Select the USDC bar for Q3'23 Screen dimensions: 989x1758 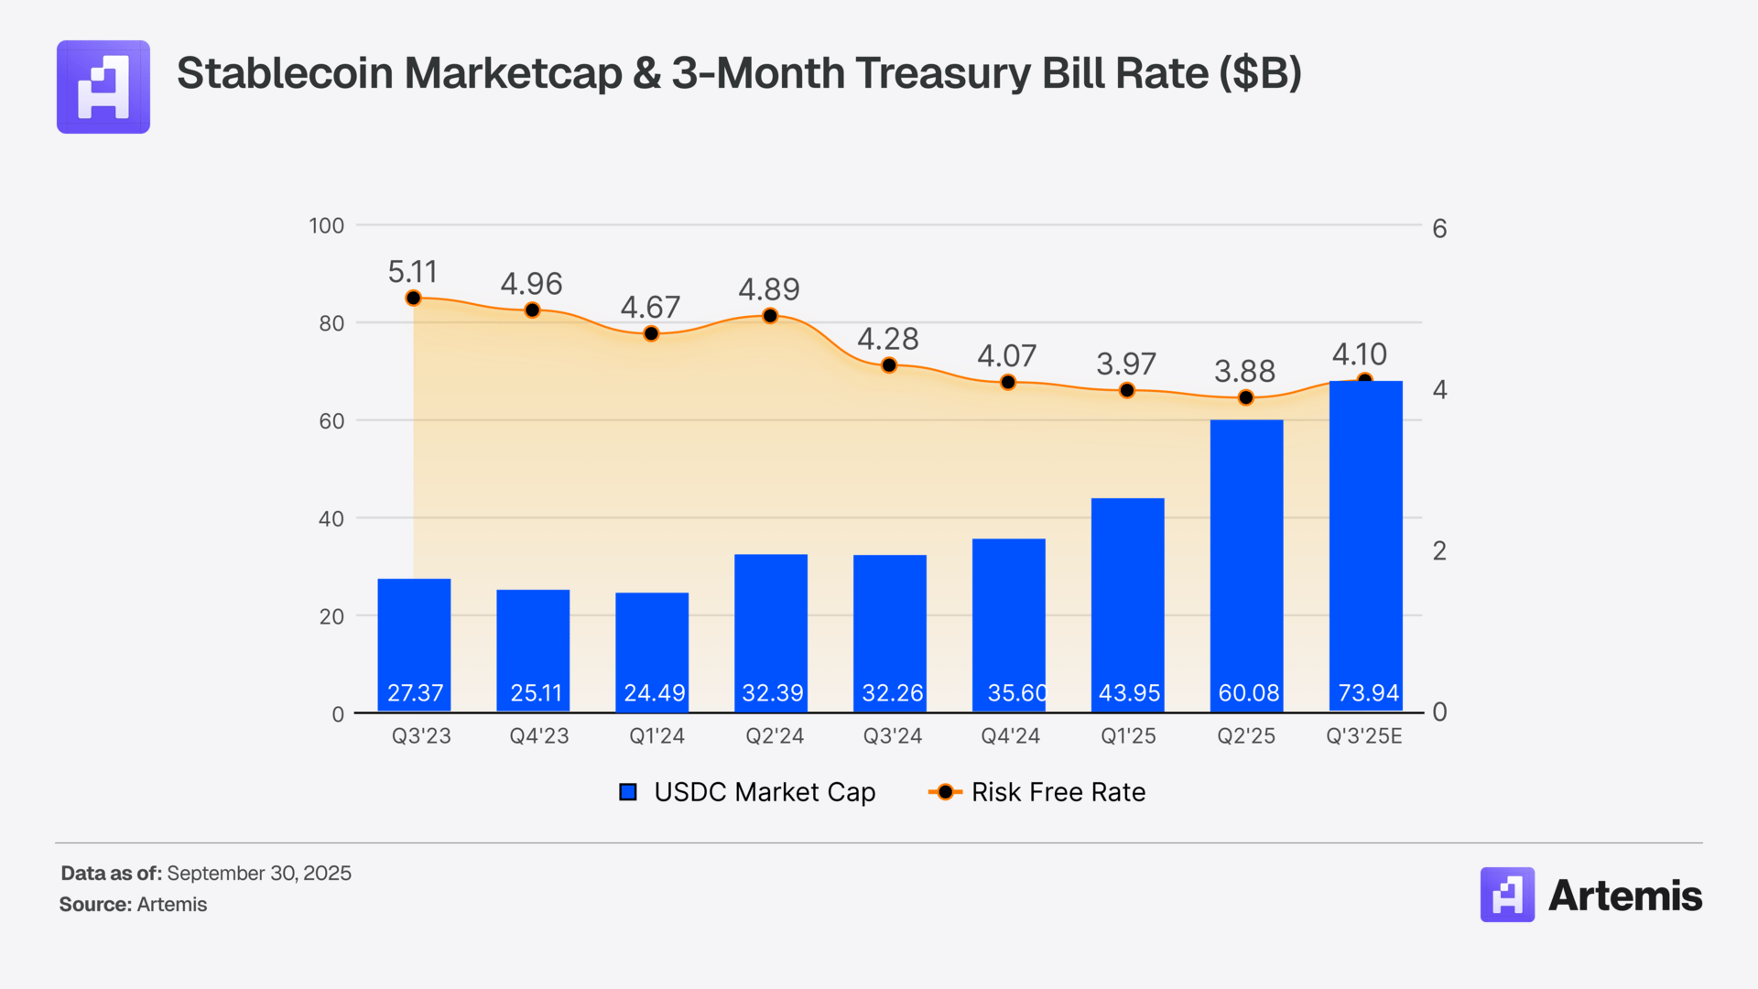414,641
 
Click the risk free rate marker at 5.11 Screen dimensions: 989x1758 413,299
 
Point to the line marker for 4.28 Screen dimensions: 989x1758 889,365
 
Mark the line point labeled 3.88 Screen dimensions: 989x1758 1245,397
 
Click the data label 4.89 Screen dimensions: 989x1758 769,289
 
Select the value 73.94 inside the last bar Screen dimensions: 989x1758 1368,693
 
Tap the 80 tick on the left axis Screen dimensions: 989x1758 331,323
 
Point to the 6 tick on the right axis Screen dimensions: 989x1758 1439,228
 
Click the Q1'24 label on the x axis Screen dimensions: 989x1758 657,736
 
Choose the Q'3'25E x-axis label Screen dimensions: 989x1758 1363,736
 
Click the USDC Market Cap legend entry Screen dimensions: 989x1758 747,792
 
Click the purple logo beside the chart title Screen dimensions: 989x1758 103,87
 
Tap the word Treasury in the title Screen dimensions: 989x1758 942,73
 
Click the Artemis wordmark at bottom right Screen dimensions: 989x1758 1624,896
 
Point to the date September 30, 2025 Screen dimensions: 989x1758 259,874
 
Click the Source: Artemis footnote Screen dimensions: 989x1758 134,905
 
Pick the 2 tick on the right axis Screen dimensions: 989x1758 1439,550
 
